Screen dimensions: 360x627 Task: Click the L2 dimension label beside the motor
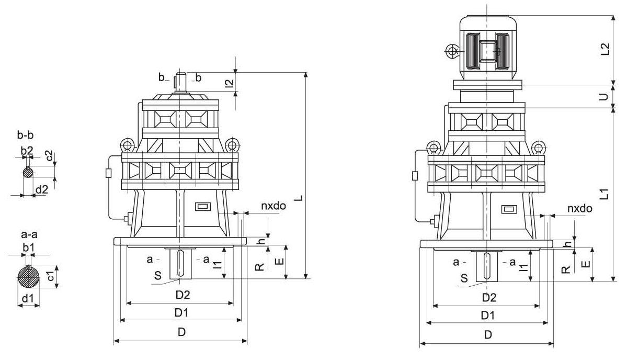coord(605,49)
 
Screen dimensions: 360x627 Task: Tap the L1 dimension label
coord(605,195)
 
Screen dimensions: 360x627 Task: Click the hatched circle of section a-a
coord(29,277)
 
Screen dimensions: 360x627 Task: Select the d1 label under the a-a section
coord(28,299)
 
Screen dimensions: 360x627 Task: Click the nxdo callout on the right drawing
coord(579,209)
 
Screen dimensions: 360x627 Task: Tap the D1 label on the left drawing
coord(181,313)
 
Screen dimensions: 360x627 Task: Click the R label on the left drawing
coord(259,267)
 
